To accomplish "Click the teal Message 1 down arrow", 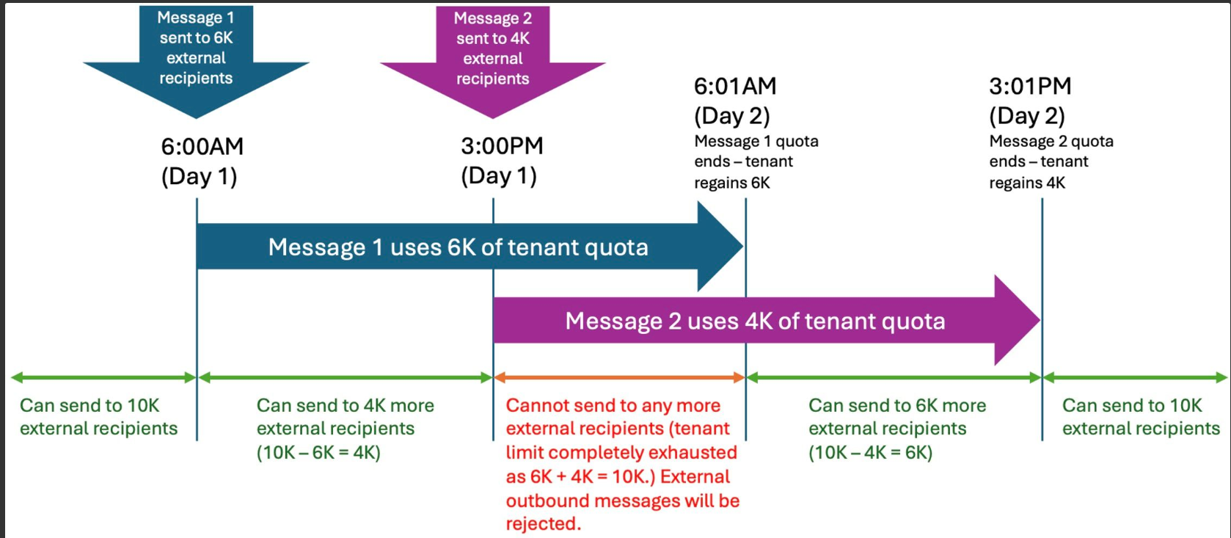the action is tap(196, 60).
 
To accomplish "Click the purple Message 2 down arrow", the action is tap(493, 60).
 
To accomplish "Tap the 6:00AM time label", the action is tap(202, 146).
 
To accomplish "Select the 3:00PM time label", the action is tap(502, 146).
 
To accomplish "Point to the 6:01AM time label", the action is tap(735, 86).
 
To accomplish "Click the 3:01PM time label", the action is tap(1031, 86).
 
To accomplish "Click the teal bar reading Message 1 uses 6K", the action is tap(470, 247).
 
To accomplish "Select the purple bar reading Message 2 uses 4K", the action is tap(767, 320).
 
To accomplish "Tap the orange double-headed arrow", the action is tap(619, 377).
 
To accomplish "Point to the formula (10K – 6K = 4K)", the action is tap(318, 453).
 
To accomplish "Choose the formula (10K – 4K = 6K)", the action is tap(871, 453).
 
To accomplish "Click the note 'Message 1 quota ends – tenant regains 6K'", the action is tap(756, 161).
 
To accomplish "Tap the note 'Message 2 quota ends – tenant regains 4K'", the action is tap(1051, 161).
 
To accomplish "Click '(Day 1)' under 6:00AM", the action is tap(199, 177).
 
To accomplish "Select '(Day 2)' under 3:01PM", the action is tap(1027, 116).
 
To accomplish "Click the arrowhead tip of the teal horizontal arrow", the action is tap(744, 247).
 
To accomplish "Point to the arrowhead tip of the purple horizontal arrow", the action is tap(1040, 320).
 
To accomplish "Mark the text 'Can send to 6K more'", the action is tap(897, 405).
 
